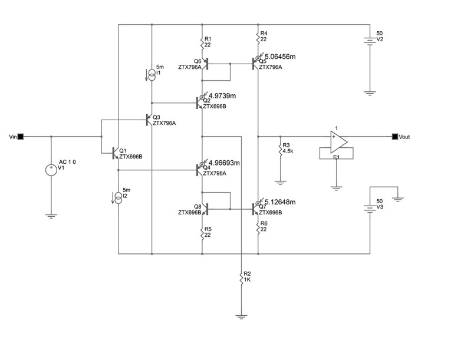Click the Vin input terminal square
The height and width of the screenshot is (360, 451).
pyautogui.click(x=21, y=137)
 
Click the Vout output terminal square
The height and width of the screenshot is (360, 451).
pyautogui.click(x=395, y=137)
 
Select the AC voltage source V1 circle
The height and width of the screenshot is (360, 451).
pyautogui.click(x=51, y=170)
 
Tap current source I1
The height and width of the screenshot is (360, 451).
pyautogui.click(x=152, y=75)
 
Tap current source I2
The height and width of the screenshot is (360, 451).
pyautogui.click(x=118, y=198)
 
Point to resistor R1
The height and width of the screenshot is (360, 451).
pyautogui.click(x=202, y=42)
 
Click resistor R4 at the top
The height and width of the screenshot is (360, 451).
pyautogui.click(x=258, y=36)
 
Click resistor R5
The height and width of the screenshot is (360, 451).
pyautogui.click(x=202, y=232)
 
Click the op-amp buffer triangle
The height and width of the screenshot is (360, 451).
pyautogui.click(x=339, y=142)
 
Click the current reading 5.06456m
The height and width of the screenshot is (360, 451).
pyautogui.click(x=280, y=57)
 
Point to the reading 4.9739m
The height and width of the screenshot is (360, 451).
pyautogui.click(x=222, y=96)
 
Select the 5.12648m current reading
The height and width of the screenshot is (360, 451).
pyautogui.click(x=280, y=202)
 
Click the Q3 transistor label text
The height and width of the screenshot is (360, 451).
pyautogui.click(x=156, y=117)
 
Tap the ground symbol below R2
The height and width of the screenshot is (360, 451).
pyautogui.click(x=241, y=317)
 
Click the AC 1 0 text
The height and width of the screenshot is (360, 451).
pyautogui.click(x=67, y=162)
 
